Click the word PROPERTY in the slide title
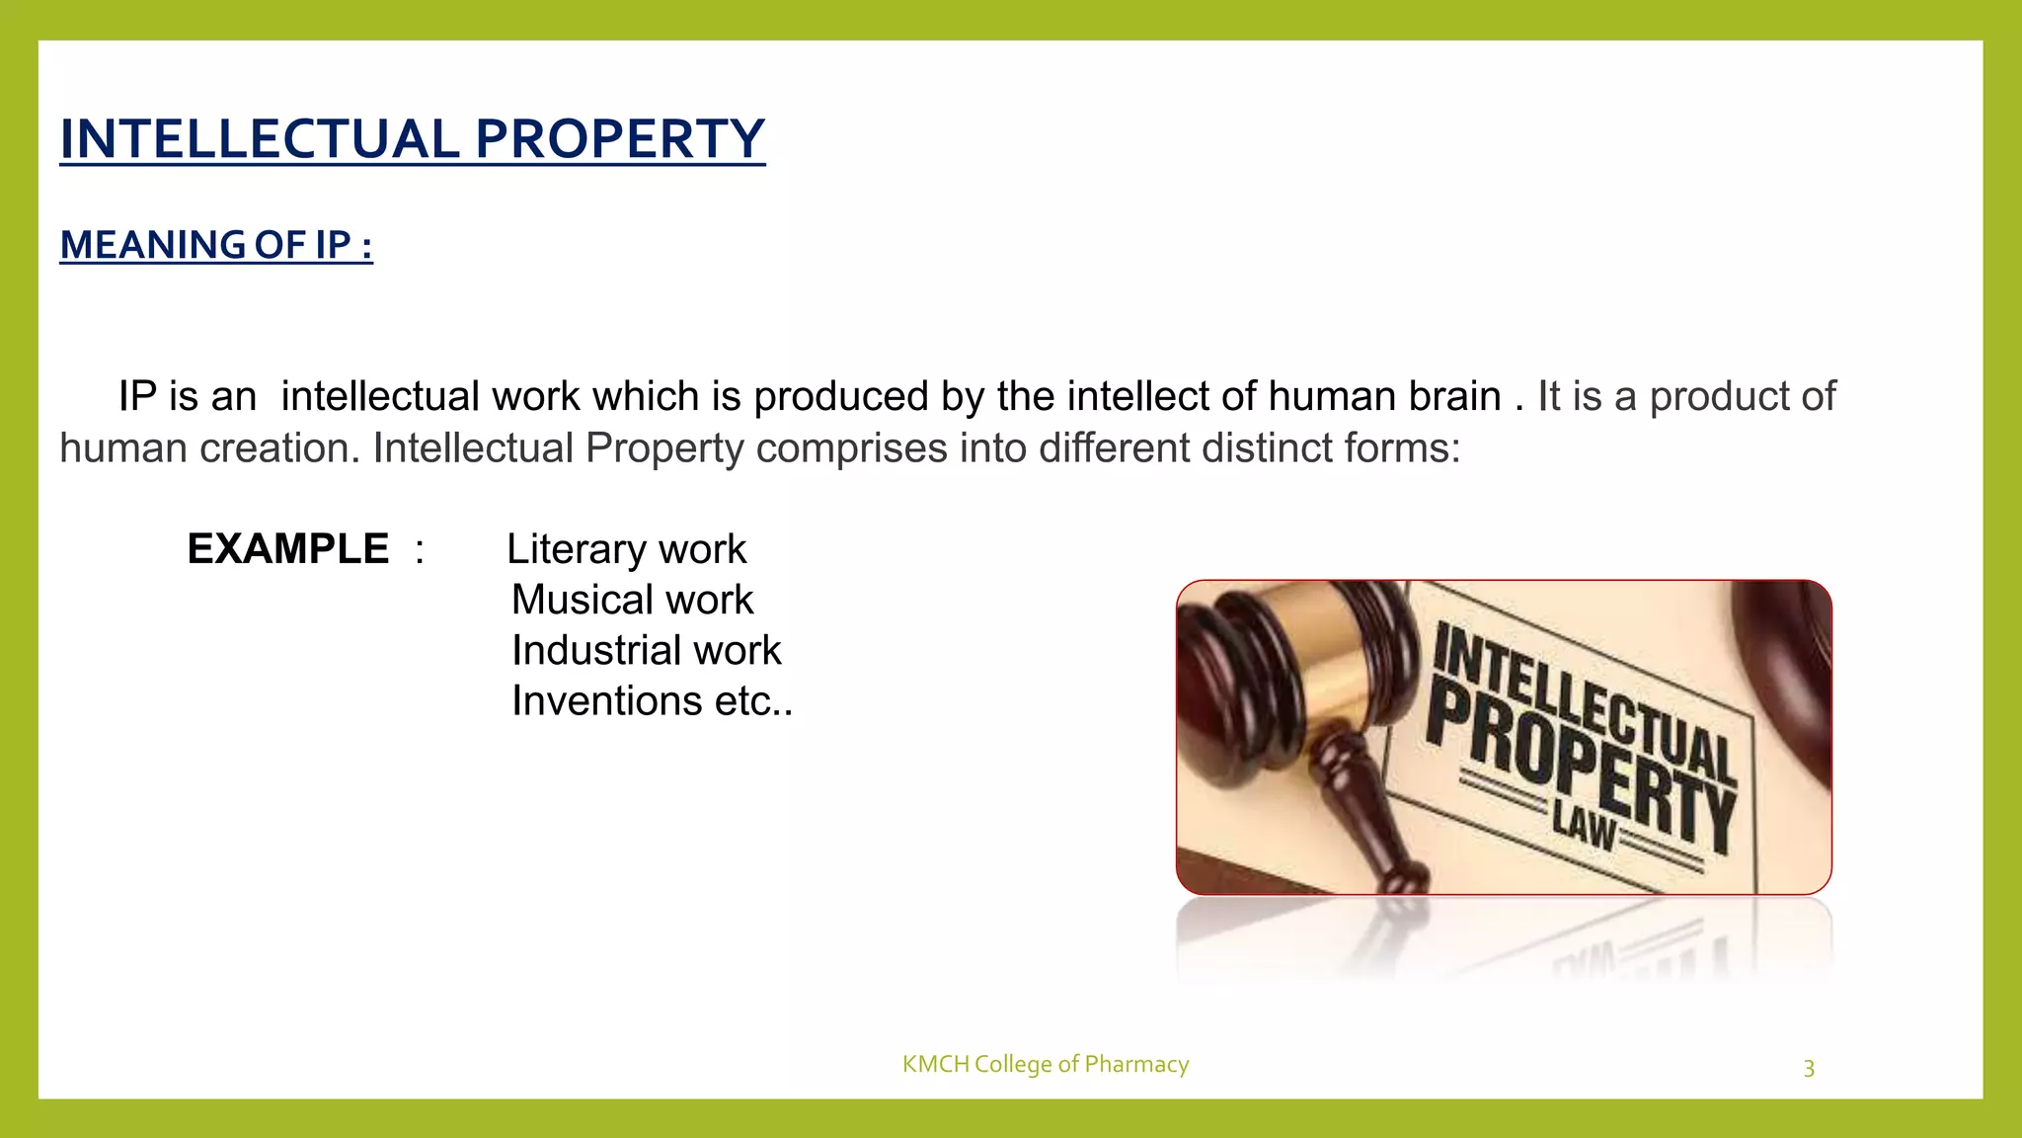(x=619, y=139)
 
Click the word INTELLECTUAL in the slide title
(x=260, y=139)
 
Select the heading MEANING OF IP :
(x=216, y=245)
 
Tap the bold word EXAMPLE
(x=288, y=549)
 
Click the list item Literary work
(x=626, y=549)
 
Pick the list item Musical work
(x=632, y=600)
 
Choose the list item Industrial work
(x=646, y=650)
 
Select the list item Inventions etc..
(x=652, y=701)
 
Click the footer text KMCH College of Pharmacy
(x=1045, y=1064)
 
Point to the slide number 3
(x=1809, y=1068)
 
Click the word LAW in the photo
(x=1584, y=825)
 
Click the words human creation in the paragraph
(x=209, y=448)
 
